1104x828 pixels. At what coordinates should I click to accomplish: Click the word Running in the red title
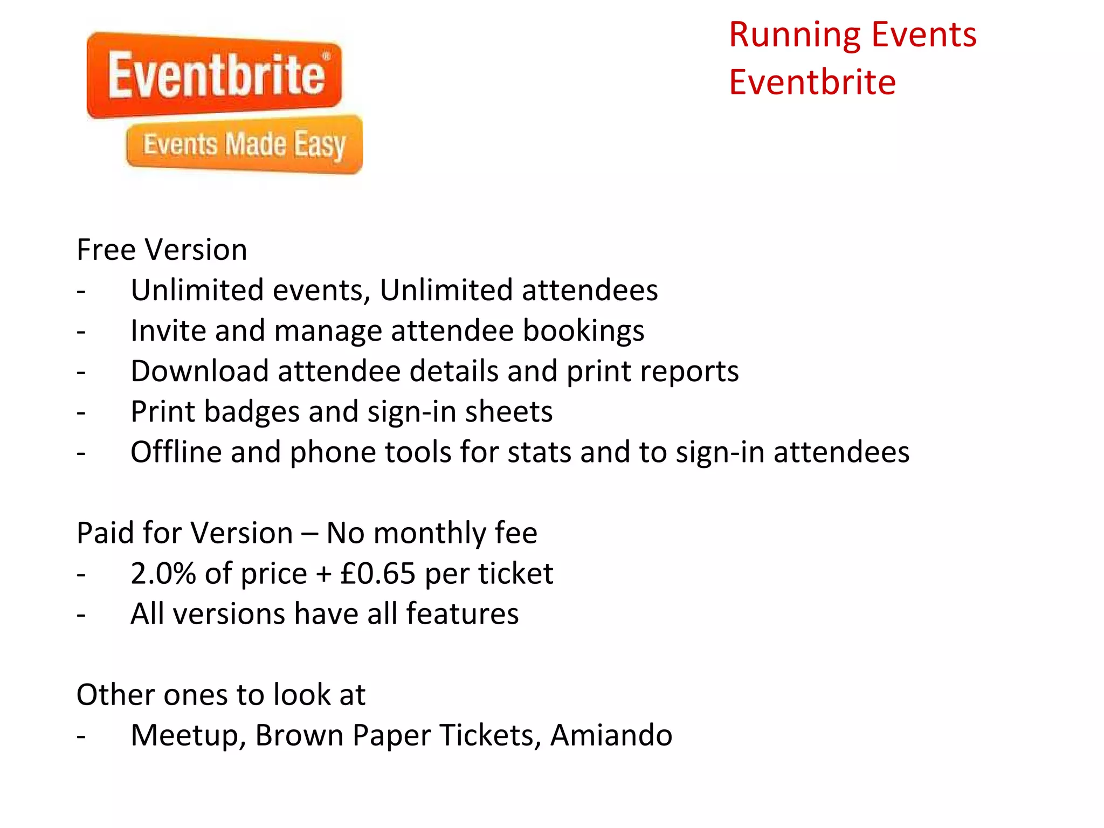pos(795,36)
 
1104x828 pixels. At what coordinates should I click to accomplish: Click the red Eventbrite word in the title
pos(812,82)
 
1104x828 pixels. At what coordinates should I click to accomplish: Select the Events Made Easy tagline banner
pos(244,144)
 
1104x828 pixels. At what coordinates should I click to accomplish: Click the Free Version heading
pos(162,250)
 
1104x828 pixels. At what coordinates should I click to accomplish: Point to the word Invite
pos(168,330)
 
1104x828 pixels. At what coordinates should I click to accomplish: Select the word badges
pos(252,412)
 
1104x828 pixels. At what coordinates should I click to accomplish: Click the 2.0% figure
pos(163,573)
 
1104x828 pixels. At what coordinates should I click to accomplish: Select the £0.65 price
pos(378,573)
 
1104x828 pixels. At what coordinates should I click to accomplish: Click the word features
pos(462,614)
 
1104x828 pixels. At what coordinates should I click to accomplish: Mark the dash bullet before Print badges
pos(81,413)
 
